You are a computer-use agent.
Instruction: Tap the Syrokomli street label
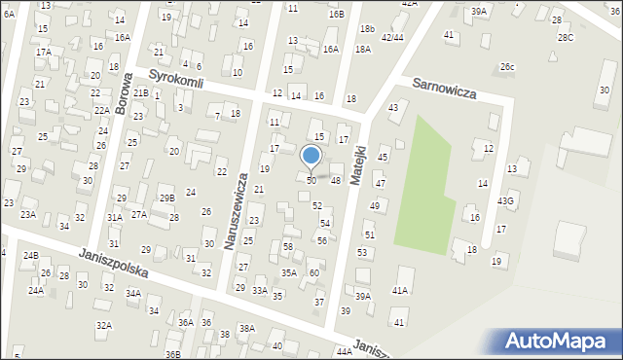pos(175,82)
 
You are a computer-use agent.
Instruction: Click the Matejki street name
pos(358,165)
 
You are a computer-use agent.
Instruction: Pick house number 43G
pos(505,200)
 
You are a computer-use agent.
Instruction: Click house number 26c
pos(507,66)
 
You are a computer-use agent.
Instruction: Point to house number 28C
pos(566,37)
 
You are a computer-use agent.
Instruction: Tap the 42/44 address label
pos(392,37)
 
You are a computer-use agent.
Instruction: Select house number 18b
pos(366,29)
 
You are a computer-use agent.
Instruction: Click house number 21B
pos(141,93)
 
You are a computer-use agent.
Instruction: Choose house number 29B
pos(167,198)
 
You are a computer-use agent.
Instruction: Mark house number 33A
pos(260,290)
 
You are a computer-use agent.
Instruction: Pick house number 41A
pos(399,290)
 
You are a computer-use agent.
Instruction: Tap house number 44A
pos(344,351)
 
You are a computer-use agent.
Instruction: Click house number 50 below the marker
pos(311,181)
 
